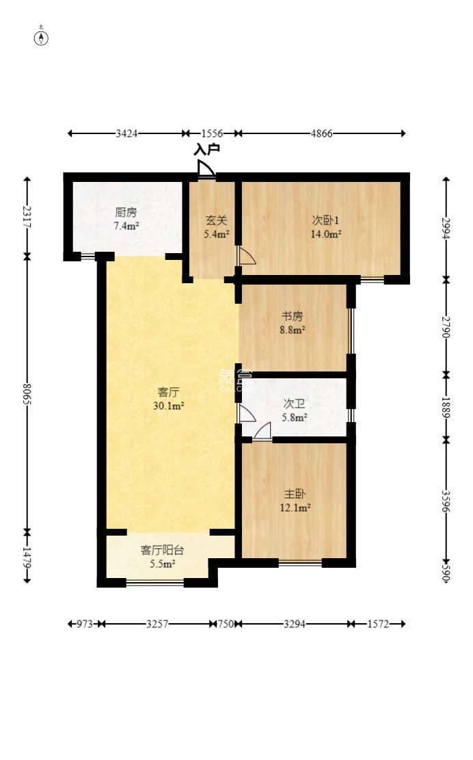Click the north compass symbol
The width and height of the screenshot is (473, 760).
[x=41, y=37]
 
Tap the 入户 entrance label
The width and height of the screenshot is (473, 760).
[x=206, y=149]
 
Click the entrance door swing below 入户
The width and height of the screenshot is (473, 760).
[x=206, y=168]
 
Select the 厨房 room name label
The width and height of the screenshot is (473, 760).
[x=126, y=212]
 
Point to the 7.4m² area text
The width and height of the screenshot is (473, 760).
[x=126, y=226]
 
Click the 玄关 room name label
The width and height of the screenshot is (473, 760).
[x=216, y=220]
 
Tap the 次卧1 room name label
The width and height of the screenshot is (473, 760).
[x=325, y=220]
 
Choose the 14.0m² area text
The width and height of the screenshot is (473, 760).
[x=326, y=234]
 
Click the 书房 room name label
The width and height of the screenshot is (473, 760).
[x=293, y=317]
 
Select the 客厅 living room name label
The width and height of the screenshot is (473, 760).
[x=168, y=392]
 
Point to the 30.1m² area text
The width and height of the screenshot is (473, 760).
[x=168, y=406]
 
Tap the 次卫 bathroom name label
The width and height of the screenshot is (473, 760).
[x=294, y=404]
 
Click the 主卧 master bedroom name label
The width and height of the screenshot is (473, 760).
[x=295, y=495]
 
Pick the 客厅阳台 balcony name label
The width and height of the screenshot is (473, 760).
[x=162, y=550]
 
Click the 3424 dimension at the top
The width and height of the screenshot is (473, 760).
[x=126, y=133]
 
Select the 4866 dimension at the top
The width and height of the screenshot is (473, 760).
[x=321, y=133]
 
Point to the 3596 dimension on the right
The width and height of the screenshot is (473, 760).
[x=446, y=502]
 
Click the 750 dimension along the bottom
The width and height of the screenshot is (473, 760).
[x=226, y=624]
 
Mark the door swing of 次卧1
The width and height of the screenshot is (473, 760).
[x=245, y=255]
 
